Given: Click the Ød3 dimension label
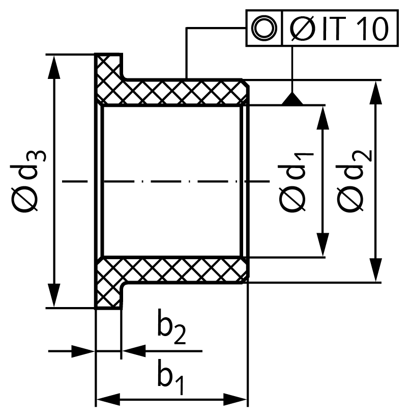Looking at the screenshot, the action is click(x=28, y=180).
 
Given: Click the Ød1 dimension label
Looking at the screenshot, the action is click(x=296, y=182).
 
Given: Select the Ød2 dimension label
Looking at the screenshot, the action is click(x=354, y=180).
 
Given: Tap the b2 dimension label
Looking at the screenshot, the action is click(x=171, y=326).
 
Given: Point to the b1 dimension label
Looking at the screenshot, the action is click(x=170, y=377).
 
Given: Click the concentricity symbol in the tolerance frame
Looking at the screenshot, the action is click(x=264, y=28).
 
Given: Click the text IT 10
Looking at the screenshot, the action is click(x=356, y=29).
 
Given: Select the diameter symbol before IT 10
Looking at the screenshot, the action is click(x=303, y=29).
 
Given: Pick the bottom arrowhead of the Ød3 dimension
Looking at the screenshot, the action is click(x=54, y=296).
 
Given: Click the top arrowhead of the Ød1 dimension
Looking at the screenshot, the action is click(x=322, y=118).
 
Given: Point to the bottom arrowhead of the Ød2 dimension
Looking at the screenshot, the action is click(x=375, y=270).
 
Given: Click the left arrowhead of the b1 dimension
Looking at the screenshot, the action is click(x=108, y=399).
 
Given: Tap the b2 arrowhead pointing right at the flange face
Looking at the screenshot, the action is click(x=83, y=351).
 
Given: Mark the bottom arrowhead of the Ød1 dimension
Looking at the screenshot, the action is click(x=322, y=244).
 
